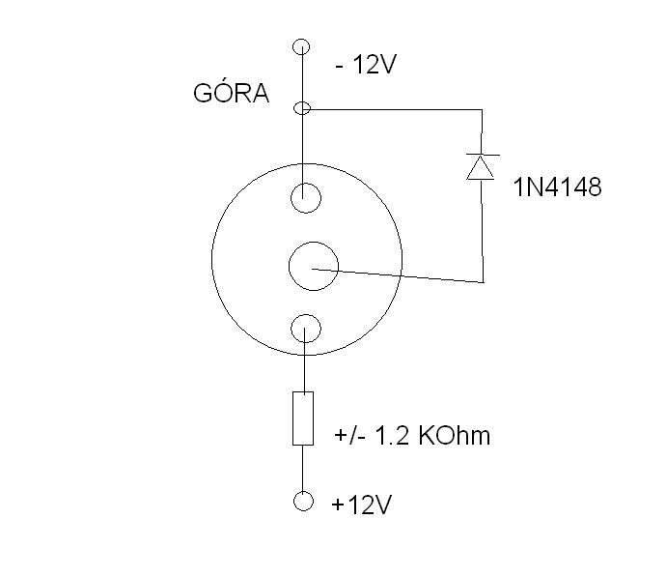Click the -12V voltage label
click(366, 65)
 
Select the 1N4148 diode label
click(557, 187)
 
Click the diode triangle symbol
click(481, 167)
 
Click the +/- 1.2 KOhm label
click(412, 435)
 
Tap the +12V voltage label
click(361, 505)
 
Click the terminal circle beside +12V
click(303, 501)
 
